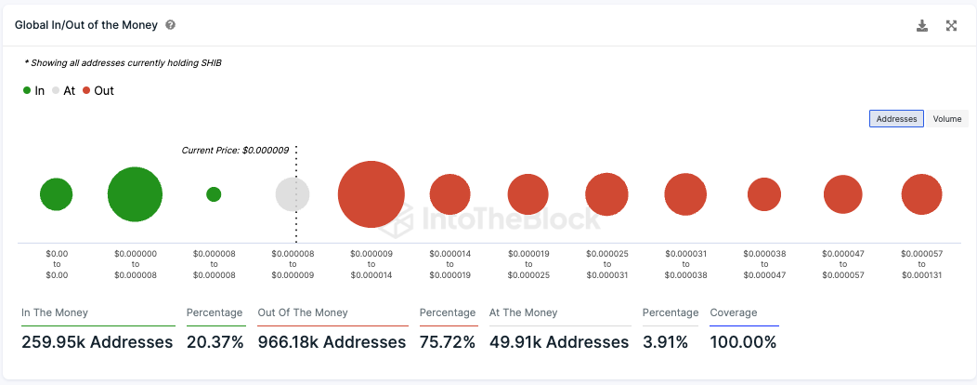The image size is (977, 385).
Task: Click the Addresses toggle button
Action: (x=896, y=119)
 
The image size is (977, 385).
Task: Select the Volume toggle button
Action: (x=947, y=119)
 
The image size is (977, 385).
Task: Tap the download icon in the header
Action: (x=922, y=26)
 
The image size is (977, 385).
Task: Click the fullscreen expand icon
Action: (x=951, y=26)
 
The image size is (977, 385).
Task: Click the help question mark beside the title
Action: (x=171, y=26)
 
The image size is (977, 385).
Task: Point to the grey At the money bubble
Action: (x=293, y=194)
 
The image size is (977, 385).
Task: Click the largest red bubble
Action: (x=371, y=194)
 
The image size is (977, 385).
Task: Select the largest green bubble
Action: (x=135, y=194)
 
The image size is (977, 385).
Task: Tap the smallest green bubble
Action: (x=214, y=194)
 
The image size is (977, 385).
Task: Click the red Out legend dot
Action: (x=87, y=91)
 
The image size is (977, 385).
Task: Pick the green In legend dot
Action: (x=27, y=91)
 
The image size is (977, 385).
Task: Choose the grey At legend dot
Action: (x=56, y=91)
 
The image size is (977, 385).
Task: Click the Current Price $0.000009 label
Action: (x=235, y=150)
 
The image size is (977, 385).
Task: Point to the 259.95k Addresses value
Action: (x=97, y=342)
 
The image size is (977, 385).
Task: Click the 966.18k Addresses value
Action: (x=332, y=342)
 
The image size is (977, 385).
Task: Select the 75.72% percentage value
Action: (x=447, y=342)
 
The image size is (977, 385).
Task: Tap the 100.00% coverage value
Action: (x=743, y=342)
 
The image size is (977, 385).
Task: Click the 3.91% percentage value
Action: (x=665, y=342)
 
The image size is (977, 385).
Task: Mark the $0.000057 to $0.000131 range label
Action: (x=921, y=264)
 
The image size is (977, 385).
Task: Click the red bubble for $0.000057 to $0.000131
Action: (x=921, y=194)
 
